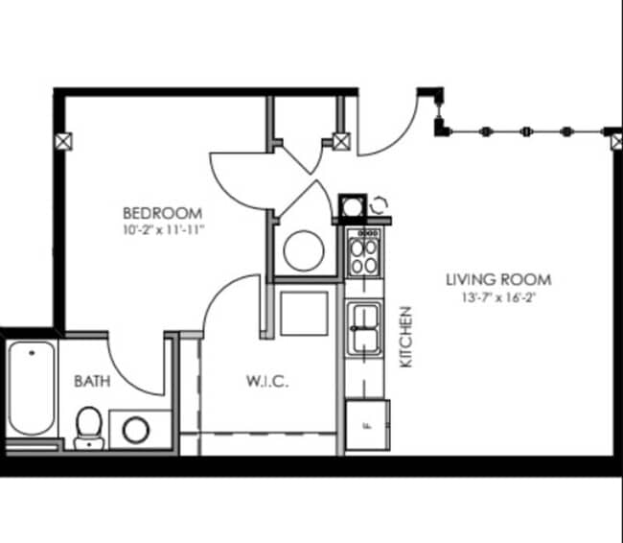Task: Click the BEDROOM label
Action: click(x=161, y=212)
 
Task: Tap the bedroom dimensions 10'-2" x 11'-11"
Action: click(x=161, y=229)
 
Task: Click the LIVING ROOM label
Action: click(x=498, y=279)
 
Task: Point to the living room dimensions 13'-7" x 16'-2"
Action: click(x=498, y=296)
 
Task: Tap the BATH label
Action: click(x=92, y=381)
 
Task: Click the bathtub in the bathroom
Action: click(x=31, y=389)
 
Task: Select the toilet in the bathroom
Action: click(x=88, y=425)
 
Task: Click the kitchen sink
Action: click(x=363, y=329)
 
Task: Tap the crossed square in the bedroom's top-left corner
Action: click(x=64, y=140)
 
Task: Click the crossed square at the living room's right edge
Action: click(x=616, y=142)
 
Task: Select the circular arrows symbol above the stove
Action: click(x=379, y=204)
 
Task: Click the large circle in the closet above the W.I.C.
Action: click(x=304, y=251)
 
